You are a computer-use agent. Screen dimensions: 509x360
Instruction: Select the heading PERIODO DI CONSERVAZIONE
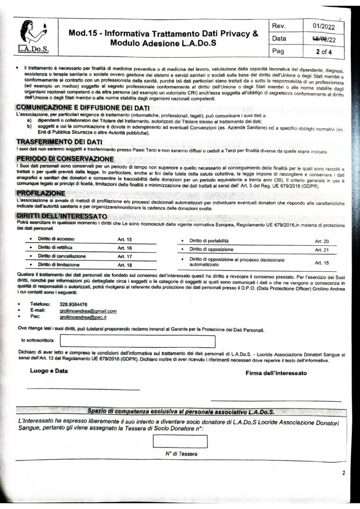click(64, 159)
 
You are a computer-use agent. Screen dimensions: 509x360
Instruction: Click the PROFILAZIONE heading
click(41, 193)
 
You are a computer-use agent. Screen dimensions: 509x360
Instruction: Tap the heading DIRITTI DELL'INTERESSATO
click(61, 216)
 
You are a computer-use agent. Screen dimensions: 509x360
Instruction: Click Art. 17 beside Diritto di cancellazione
click(125, 257)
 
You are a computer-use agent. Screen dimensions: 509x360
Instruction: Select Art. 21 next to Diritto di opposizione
click(322, 250)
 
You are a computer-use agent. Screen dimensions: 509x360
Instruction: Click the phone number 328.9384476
click(74, 304)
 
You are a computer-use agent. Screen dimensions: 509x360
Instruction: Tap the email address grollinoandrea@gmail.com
click(88, 311)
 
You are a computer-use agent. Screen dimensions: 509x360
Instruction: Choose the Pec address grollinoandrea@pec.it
click(80, 317)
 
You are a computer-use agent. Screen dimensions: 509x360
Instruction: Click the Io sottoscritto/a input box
click(137, 342)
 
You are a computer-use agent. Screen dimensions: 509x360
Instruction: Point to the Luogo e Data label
click(49, 371)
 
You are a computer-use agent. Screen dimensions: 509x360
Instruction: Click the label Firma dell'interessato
click(276, 373)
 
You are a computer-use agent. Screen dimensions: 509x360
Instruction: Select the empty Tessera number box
click(180, 441)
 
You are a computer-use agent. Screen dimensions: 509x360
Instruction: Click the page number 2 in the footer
click(343, 473)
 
